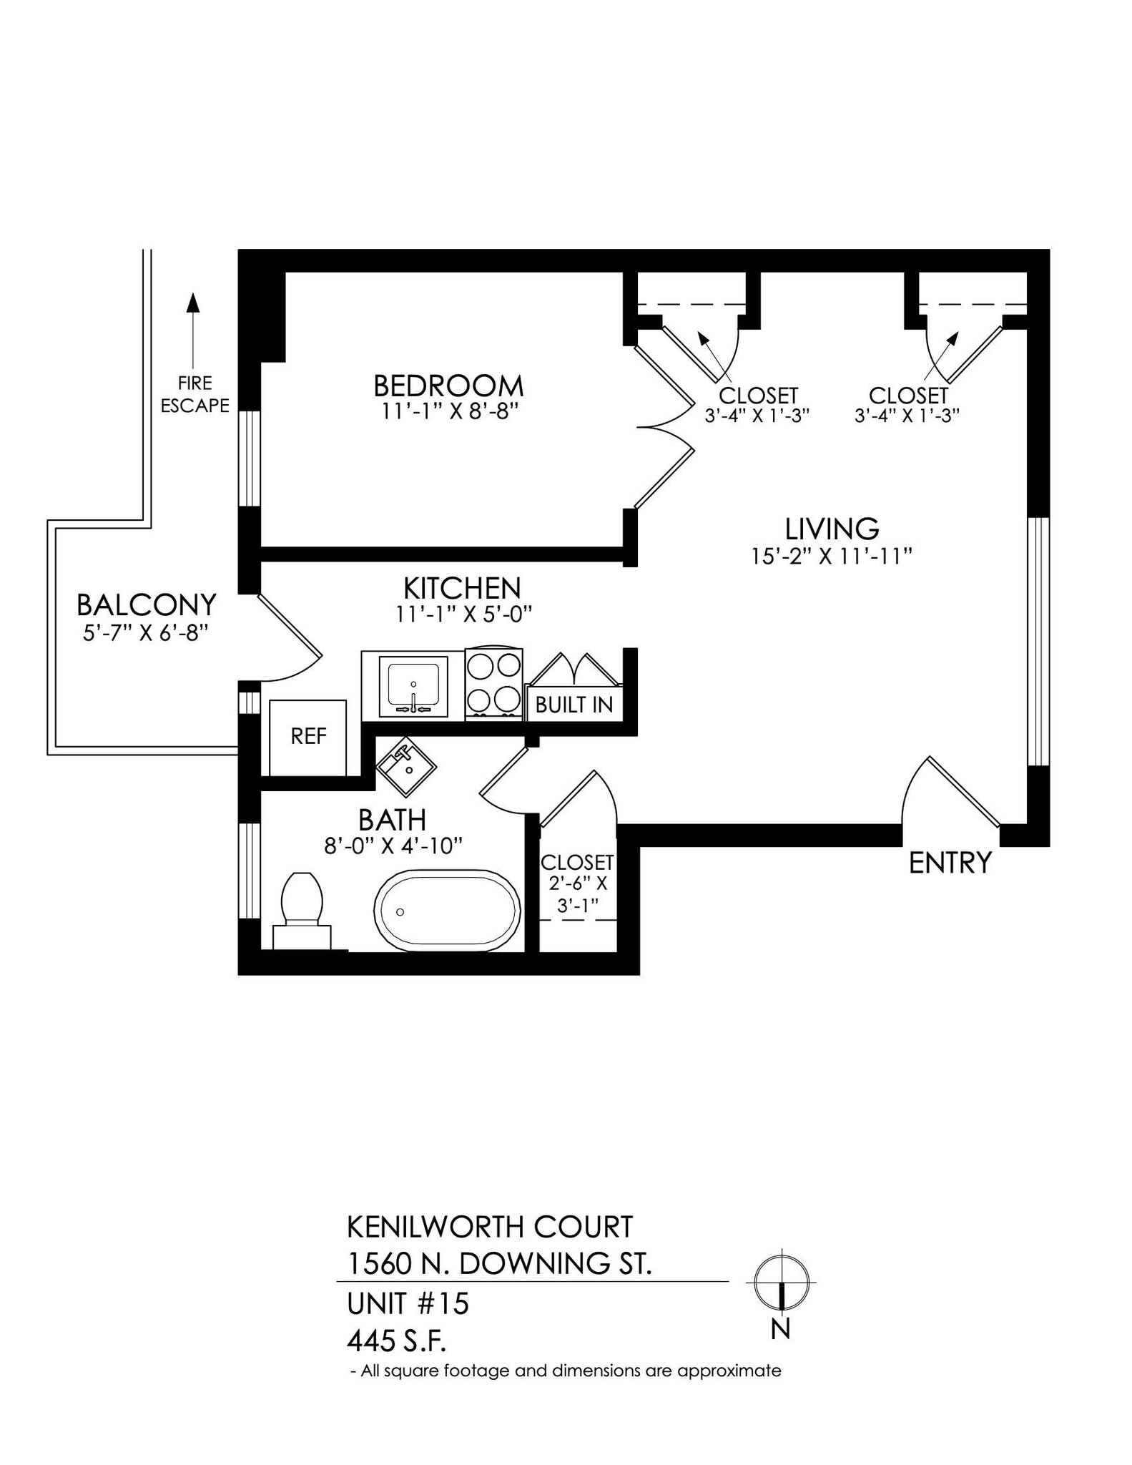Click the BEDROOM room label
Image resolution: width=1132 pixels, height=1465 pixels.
(x=448, y=386)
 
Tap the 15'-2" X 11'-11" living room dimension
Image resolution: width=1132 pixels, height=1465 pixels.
(x=832, y=556)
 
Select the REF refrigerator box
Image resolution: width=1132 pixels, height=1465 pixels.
(x=308, y=736)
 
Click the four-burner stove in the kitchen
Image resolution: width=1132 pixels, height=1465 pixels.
(x=493, y=683)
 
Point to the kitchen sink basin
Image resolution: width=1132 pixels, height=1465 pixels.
(x=413, y=685)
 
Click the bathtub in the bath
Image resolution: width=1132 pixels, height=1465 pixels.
(x=447, y=910)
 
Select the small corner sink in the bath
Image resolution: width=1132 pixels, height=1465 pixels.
(x=405, y=767)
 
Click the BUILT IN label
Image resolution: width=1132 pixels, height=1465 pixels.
(x=574, y=705)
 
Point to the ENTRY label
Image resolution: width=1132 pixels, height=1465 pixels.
(x=950, y=863)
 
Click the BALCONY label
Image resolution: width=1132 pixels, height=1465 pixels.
(x=146, y=605)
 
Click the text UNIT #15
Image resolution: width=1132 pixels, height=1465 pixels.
(x=408, y=1303)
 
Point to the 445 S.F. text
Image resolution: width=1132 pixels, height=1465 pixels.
(x=396, y=1341)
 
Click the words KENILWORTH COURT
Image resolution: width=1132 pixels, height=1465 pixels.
(x=489, y=1227)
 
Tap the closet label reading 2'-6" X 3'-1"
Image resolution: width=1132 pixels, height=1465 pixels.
(x=577, y=893)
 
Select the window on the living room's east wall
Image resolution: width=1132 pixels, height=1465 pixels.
(x=1038, y=641)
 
